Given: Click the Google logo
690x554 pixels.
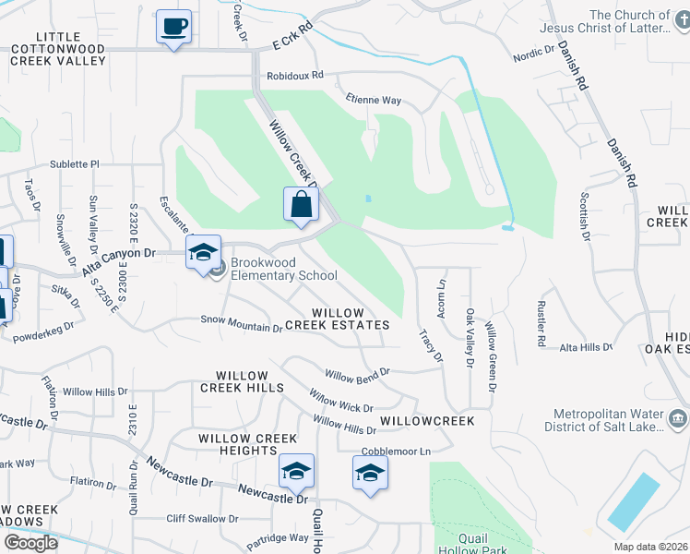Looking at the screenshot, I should point(30,543).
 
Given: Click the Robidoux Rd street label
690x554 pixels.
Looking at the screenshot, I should point(294,76).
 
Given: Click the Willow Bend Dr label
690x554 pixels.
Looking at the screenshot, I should point(357,375).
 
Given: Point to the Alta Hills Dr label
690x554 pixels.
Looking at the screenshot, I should point(586,347).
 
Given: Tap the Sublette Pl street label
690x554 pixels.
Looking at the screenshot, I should point(74,163).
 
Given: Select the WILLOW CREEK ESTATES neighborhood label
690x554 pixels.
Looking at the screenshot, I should point(337,319).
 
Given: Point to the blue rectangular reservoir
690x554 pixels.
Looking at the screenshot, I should point(634,502).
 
